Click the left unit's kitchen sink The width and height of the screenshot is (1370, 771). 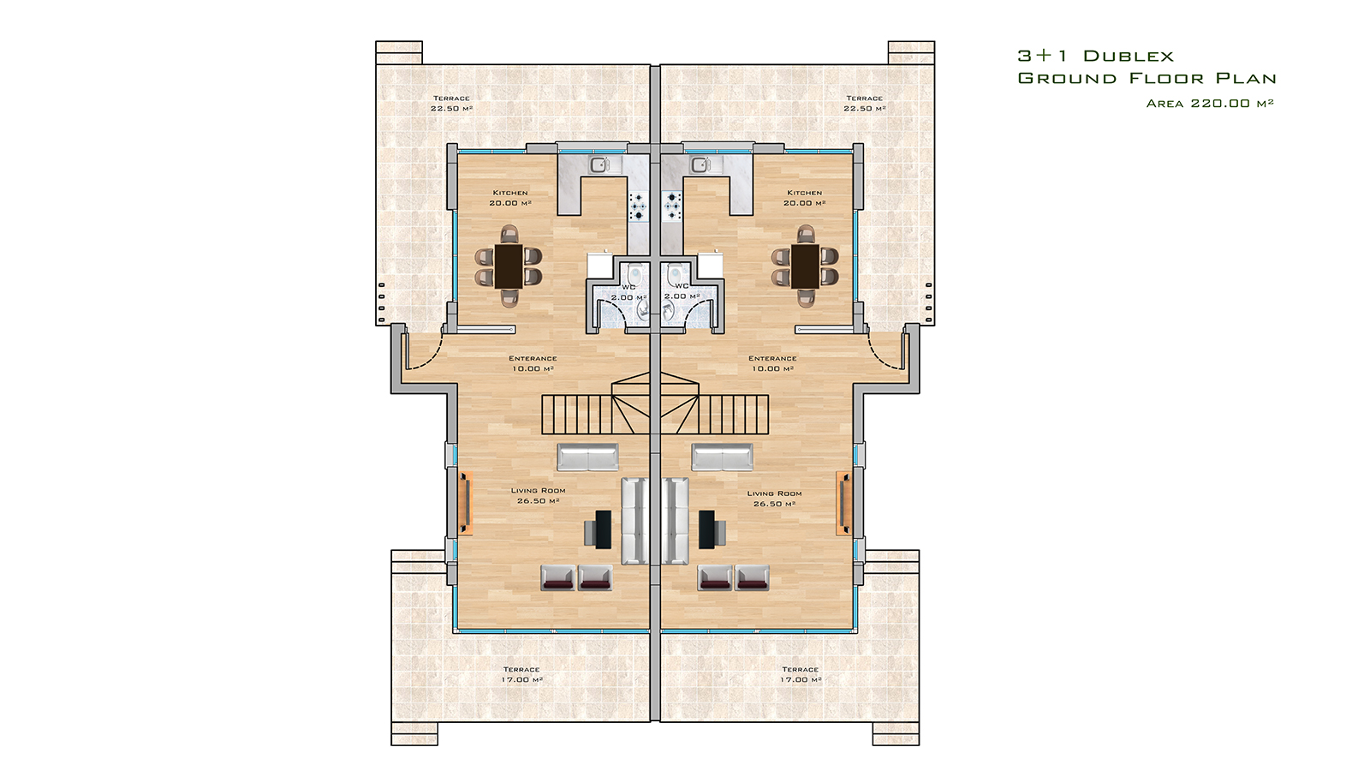click(x=599, y=164)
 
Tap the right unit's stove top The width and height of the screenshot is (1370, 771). click(x=673, y=206)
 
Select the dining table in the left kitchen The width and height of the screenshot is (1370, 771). click(x=509, y=266)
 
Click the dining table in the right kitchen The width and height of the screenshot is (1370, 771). click(x=805, y=266)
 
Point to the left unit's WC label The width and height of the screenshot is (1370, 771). click(x=628, y=287)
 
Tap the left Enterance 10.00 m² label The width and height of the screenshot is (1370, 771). click(x=533, y=363)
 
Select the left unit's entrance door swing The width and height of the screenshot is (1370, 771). click(x=425, y=352)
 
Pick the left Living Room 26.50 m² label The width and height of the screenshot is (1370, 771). click(x=539, y=496)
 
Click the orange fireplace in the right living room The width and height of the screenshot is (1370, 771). click(x=843, y=503)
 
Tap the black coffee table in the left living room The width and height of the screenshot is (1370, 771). click(x=604, y=529)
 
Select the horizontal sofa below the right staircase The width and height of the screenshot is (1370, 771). click(x=723, y=457)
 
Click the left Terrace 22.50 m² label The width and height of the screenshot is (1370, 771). click(x=451, y=104)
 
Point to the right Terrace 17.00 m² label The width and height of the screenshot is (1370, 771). click(x=801, y=674)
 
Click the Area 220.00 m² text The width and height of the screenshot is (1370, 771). click(x=1210, y=104)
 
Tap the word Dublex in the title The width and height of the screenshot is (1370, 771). click(x=1129, y=57)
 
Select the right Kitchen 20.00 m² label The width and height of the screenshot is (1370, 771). click(x=804, y=198)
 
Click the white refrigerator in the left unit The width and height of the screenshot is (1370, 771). click(x=601, y=266)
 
